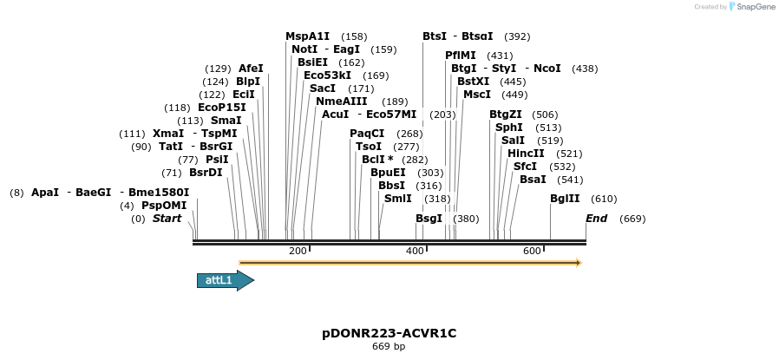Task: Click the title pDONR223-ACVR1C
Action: click(389, 333)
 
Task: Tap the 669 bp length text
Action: click(389, 347)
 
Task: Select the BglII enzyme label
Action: click(565, 199)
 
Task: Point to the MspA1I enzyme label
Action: click(308, 36)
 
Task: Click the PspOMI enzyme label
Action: click(164, 206)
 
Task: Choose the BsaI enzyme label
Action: click(533, 180)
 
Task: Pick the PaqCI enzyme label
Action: click(367, 134)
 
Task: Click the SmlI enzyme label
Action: click(397, 199)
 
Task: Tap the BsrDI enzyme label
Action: click(206, 173)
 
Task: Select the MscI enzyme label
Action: click(477, 95)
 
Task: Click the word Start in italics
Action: click(167, 219)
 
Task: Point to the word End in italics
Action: click(597, 219)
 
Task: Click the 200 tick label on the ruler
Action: click(298, 251)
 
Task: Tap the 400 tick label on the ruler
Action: click(415, 251)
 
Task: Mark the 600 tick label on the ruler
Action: click(532, 251)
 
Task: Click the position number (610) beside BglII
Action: click(604, 199)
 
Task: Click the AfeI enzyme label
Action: click(251, 69)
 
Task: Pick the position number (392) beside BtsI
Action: click(517, 36)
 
